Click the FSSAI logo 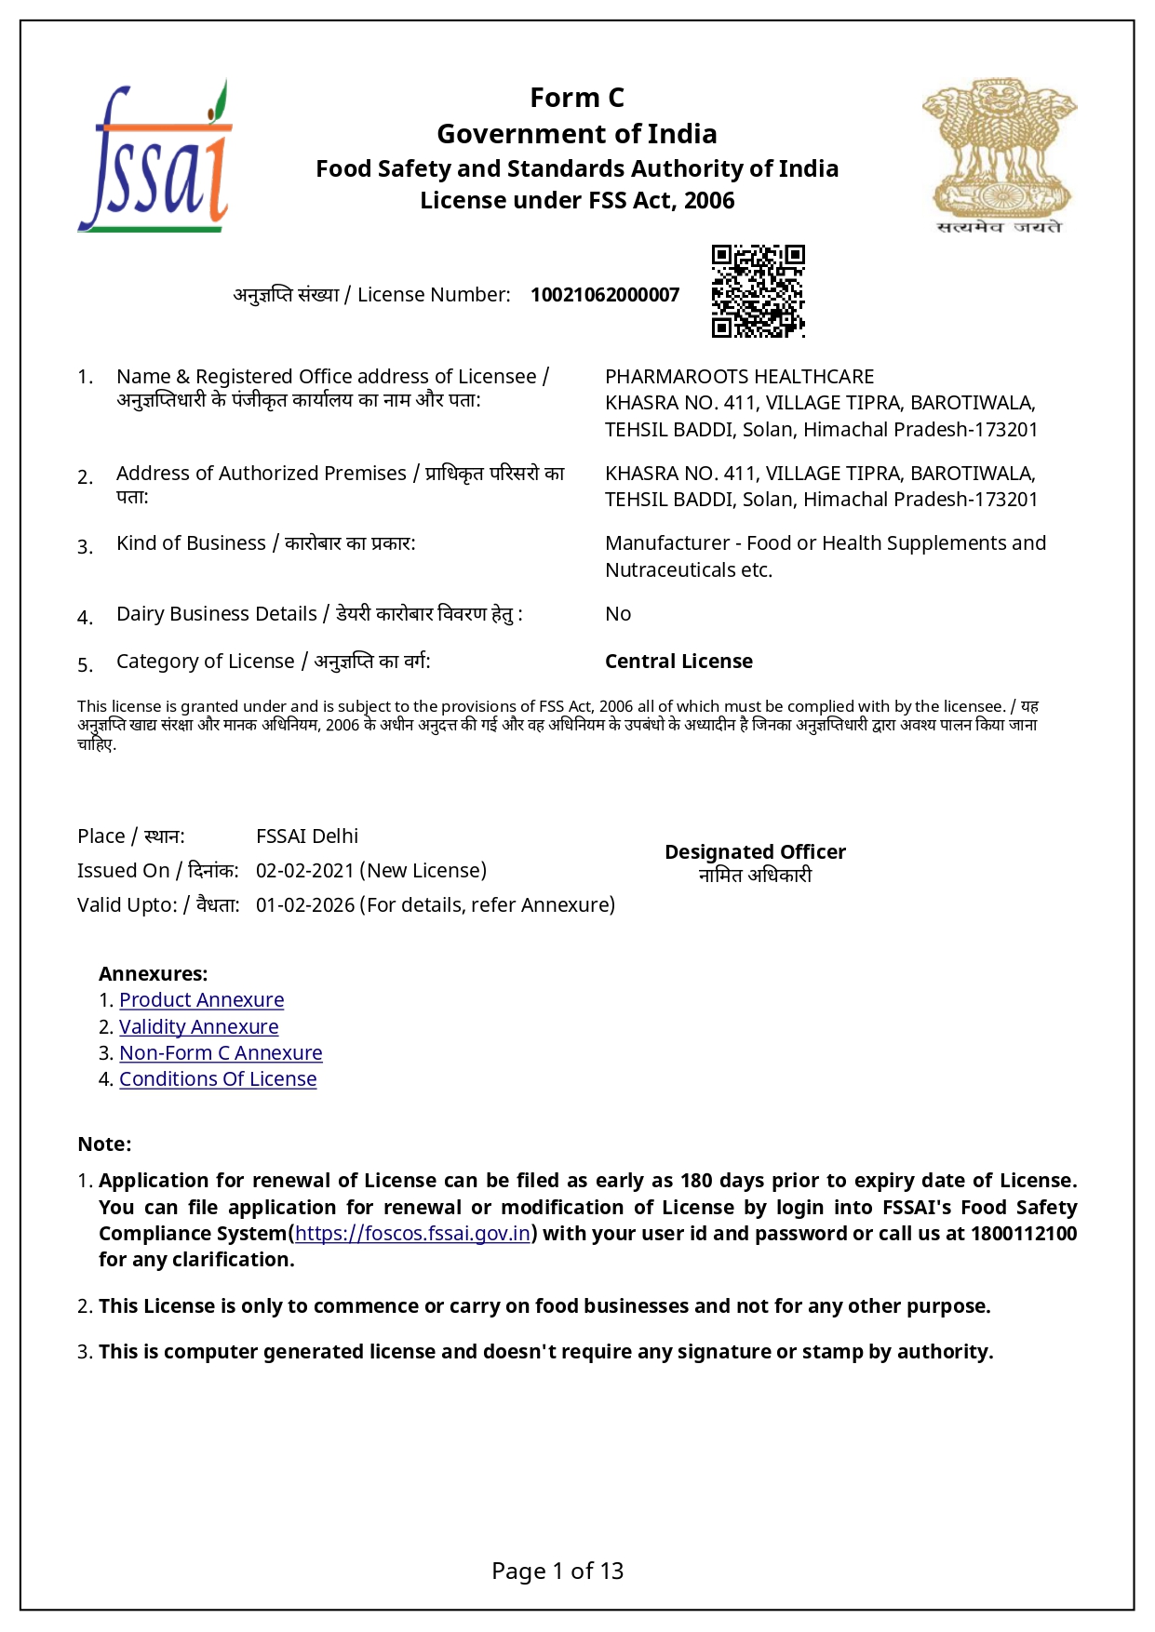[154, 156]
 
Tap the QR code [758, 291]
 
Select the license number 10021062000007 [605, 295]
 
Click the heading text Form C [577, 98]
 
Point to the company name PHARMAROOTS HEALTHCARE [739, 377]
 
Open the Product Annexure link [201, 1000]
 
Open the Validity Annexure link [198, 1027]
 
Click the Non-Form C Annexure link [221, 1053]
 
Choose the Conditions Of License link [218, 1079]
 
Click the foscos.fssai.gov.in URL [412, 1234]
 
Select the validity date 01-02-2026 [304, 905]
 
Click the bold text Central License [678, 662]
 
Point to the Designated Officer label [755, 852]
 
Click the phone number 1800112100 [1023, 1234]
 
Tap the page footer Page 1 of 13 [557, 1572]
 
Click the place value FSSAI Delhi [307, 836]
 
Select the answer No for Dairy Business [618, 614]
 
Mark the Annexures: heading [153, 974]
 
